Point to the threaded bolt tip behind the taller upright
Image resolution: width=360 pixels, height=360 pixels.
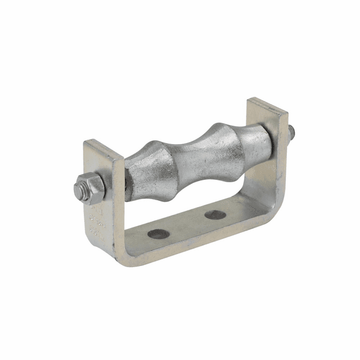(293, 133)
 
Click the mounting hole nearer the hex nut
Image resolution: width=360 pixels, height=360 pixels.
(159, 233)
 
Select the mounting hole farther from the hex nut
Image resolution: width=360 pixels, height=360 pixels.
(215, 214)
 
